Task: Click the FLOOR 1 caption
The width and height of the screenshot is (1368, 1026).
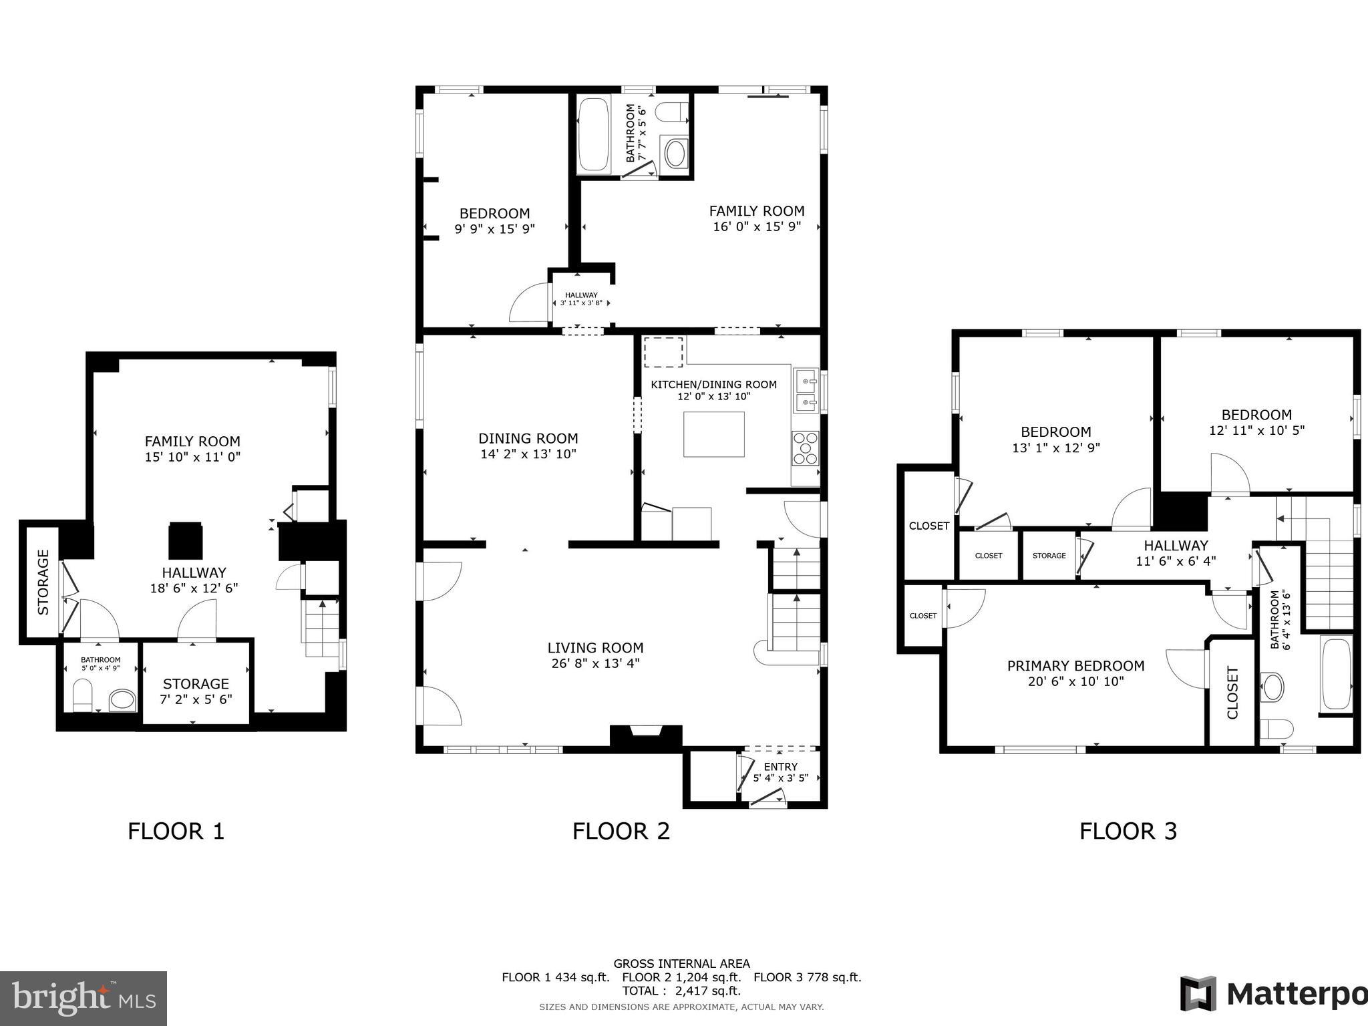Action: (176, 831)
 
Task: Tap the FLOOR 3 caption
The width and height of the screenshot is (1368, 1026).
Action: (1128, 831)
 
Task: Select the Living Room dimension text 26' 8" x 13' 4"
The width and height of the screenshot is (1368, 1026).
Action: (594, 663)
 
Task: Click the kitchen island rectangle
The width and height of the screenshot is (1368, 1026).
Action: (713, 434)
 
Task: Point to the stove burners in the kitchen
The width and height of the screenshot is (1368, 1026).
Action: (805, 448)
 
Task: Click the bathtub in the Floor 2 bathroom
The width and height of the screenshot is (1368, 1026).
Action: (593, 136)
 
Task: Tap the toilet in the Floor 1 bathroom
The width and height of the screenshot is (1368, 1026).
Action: (81, 695)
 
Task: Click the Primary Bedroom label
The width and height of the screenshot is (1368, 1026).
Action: (1075, 666)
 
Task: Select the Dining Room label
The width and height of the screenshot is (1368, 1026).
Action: (528, 438)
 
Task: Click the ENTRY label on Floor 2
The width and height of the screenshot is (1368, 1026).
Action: (780, 767)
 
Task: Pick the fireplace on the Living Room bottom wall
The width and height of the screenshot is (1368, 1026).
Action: (646, 735)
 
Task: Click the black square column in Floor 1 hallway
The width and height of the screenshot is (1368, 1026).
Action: (185, 540)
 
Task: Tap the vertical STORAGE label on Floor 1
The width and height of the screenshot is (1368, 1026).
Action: (43, 582)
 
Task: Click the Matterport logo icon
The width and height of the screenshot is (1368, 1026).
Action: (1198, 994)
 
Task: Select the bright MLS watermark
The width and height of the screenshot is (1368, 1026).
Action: (83, 999)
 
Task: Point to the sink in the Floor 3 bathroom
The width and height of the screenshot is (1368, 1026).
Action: (1272, 687)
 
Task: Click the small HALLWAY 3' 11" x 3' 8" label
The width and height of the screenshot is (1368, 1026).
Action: (581, 299)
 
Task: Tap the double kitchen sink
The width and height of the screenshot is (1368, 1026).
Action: (806, 391)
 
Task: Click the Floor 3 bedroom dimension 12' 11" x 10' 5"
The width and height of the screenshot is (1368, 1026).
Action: (1256, 430)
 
